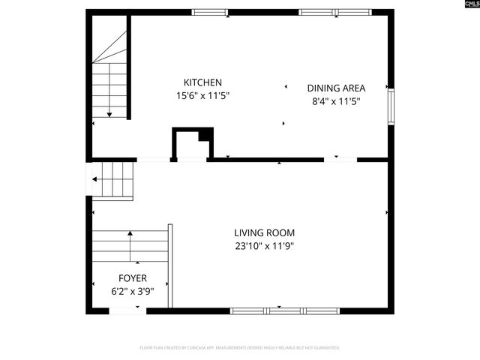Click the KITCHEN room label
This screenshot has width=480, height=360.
coord(202,82)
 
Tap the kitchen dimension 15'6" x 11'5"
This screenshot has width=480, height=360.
coord(202,96)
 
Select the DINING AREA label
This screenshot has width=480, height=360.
coord(337,88)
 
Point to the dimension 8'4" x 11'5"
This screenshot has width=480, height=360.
coord(337,101)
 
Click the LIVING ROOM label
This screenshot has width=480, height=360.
coord(264,232)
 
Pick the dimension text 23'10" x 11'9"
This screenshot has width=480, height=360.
coord(264,246)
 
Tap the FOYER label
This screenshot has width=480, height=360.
coord(132,278)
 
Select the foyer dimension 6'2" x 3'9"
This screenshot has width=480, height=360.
coord(132,292)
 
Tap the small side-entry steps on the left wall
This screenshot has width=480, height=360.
coord(112,181)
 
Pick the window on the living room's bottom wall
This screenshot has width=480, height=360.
coord(284,310)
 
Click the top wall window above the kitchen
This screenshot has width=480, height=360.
coord(210,12)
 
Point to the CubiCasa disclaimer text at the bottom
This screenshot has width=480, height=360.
coord(240,348)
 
